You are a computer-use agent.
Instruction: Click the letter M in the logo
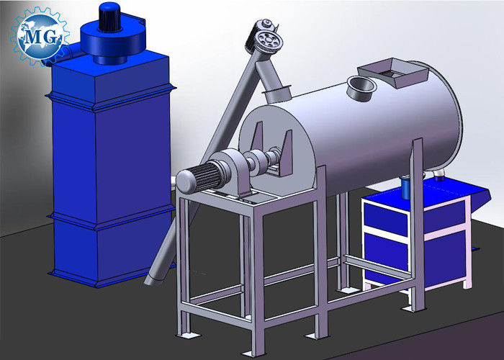(32, 37)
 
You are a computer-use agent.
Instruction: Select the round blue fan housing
(112, 40)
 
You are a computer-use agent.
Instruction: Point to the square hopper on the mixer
(393, 72)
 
